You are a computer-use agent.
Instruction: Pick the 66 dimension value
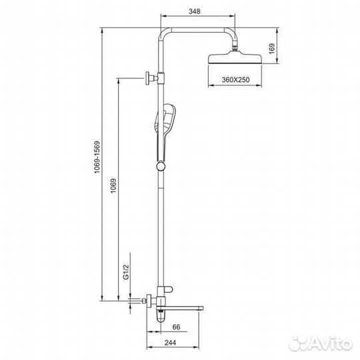pyautogui.click(x=176, y=327)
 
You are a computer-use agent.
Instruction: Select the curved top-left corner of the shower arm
pyautogui.click(x=163, y=33)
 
